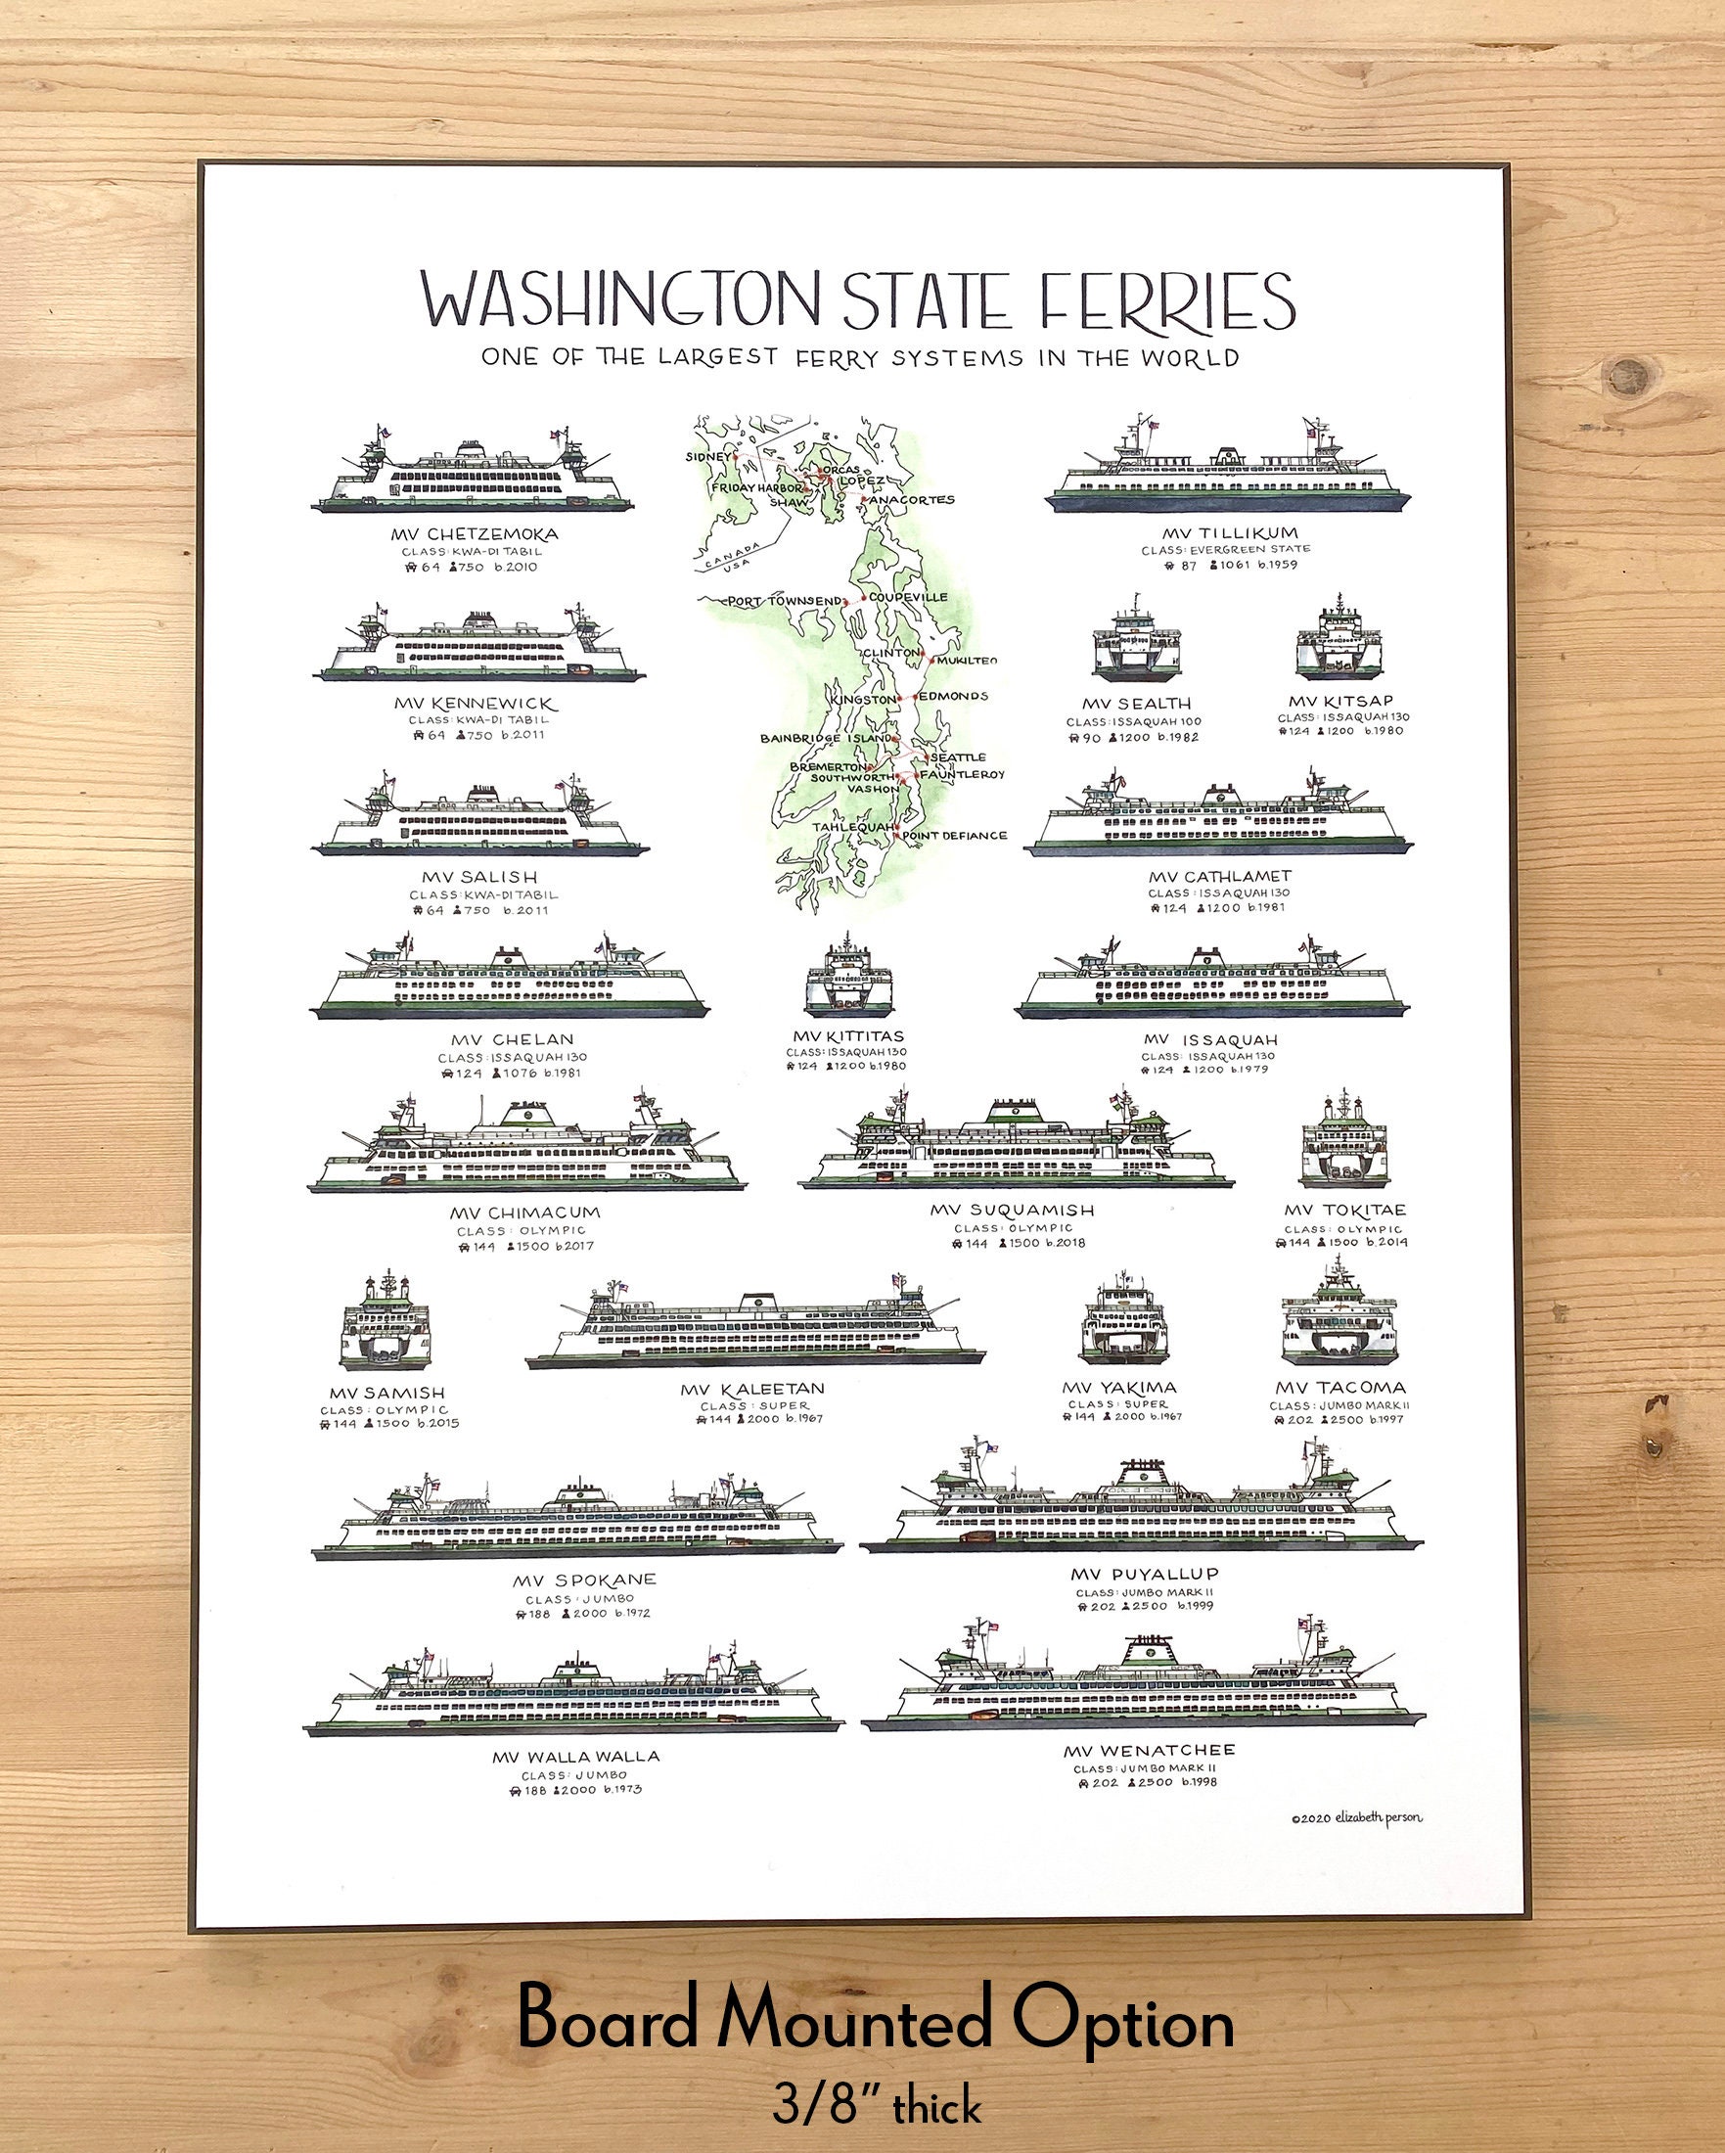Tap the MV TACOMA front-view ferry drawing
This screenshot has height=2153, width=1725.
tap(1339, 1316)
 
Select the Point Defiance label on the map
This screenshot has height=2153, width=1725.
tap(954, 836)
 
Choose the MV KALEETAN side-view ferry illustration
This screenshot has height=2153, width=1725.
tap(754, 1323)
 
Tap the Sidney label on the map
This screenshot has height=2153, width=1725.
tap(708, 456)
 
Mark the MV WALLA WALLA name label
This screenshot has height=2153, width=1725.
tap(575, 1757)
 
